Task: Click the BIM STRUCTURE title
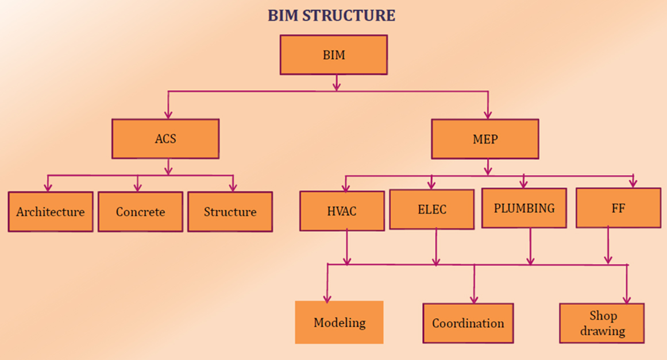331,16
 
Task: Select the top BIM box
333,55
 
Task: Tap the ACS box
165,138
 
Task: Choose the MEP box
485,139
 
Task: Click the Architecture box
51,212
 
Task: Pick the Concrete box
140,212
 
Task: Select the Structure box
230,212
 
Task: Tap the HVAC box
342,211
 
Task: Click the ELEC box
432,210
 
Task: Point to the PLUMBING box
524,208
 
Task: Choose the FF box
619,208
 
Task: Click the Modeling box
339,322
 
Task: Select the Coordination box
468,323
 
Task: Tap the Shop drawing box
602,323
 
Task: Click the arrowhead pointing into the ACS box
168,114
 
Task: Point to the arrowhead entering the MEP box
488,114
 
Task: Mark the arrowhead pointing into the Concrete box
137,187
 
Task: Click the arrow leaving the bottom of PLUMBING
530,246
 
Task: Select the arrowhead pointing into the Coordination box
475,299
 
